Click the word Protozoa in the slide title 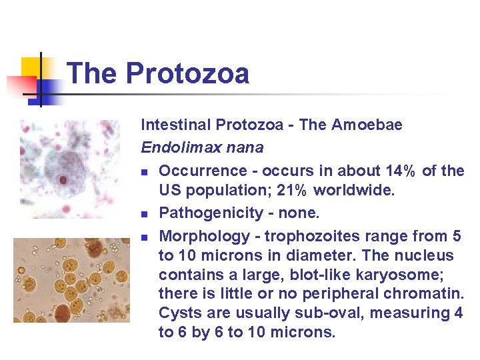point(187,73)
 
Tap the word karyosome point(413,274)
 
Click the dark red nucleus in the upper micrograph point(63,179)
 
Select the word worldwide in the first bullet point(354,190)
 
